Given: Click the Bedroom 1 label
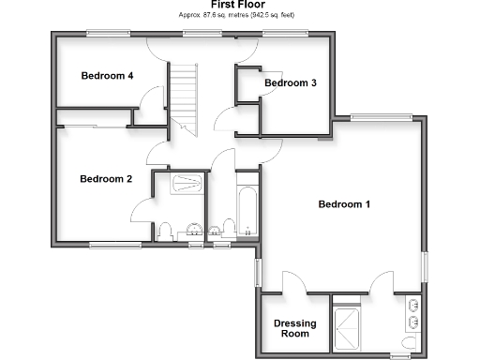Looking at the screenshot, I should coord(344,204).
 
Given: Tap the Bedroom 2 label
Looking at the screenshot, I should coord(105,179).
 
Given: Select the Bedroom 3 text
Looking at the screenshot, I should coord(290,83).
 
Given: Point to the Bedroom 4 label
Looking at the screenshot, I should coord(106,76).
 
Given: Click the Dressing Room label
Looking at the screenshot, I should coord(294,328).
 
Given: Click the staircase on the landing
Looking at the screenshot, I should coord(183,94).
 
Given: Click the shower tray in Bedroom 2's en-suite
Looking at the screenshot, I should coord(187,185).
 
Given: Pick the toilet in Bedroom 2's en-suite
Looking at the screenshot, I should coord(164,230).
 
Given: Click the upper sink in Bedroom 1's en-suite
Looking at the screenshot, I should coord(413,306).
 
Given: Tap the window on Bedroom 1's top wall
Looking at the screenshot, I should coord(381,117).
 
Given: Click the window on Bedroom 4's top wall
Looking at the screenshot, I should coord(108,34).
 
